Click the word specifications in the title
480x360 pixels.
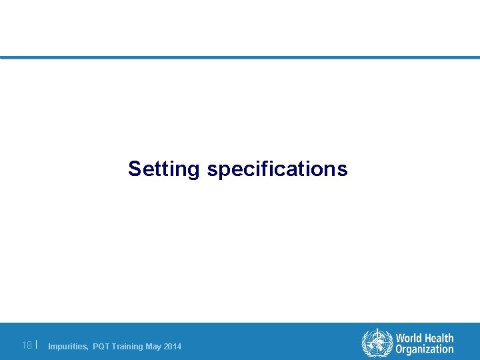277,169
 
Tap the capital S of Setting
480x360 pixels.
135,169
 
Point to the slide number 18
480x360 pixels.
27,345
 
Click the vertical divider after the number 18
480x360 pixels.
37,345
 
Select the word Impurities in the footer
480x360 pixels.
67,347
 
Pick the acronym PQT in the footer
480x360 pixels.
101,347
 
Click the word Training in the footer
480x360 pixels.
127,347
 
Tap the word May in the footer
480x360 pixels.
153,347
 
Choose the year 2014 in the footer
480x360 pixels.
172,347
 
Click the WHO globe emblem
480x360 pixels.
377,343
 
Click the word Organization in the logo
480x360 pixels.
424,349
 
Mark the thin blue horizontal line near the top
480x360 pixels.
240,57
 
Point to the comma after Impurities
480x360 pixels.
87,349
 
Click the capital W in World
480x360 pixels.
400,339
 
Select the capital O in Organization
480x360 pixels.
399,349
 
